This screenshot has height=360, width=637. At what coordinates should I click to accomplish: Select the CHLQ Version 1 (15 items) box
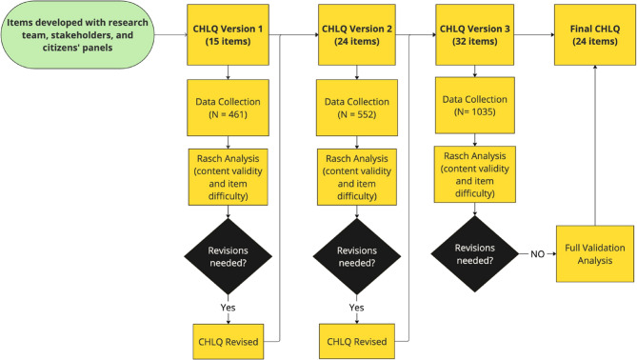229,39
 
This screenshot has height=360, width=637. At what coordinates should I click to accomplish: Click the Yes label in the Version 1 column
229,308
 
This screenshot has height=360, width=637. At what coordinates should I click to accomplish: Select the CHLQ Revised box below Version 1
229,339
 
